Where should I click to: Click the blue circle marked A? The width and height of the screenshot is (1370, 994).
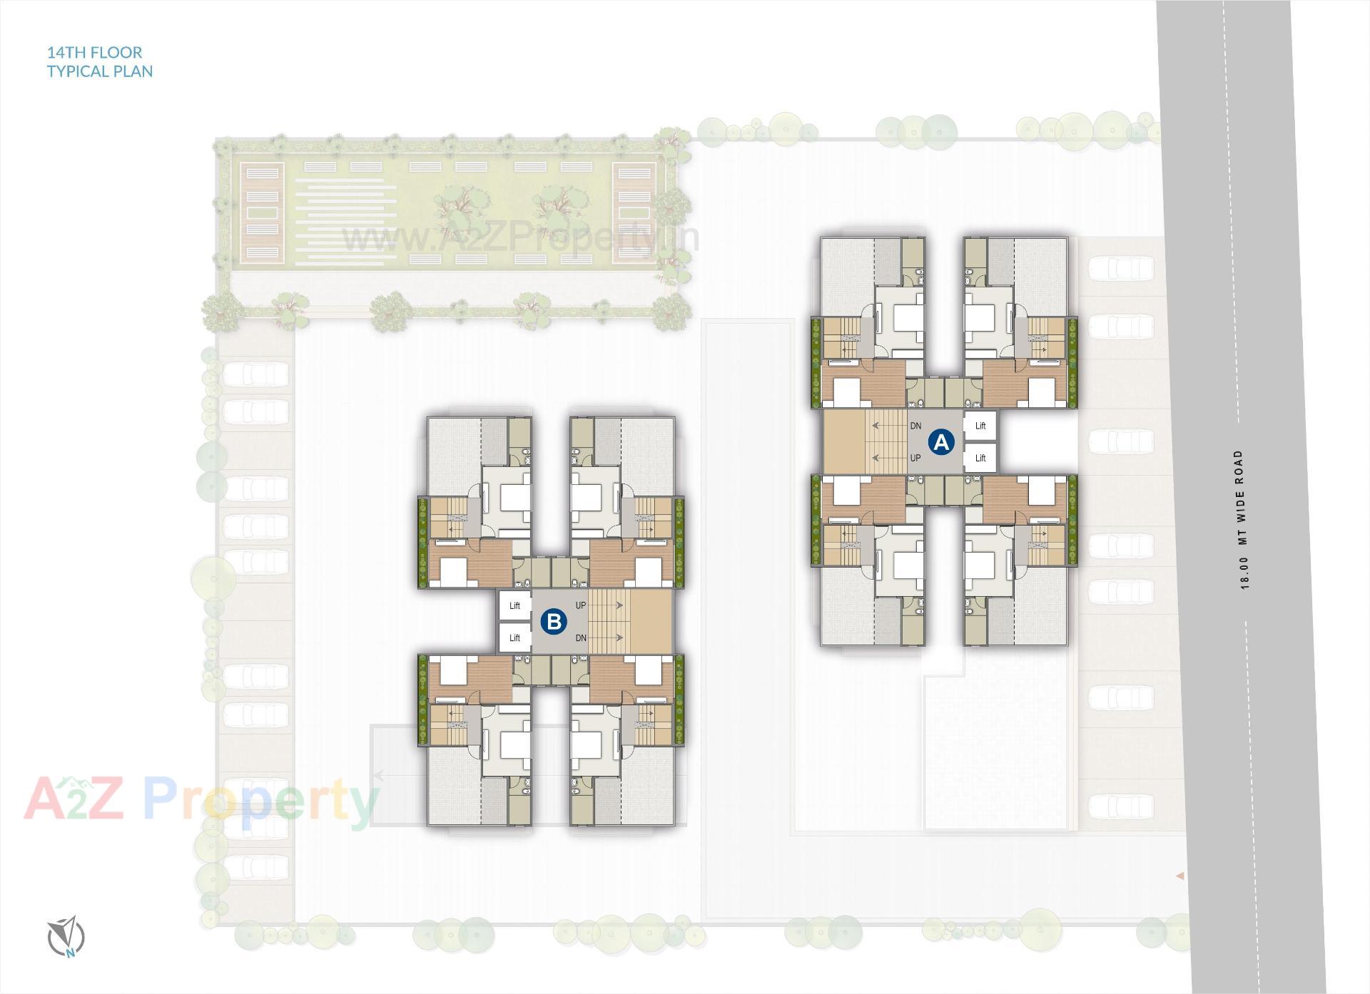click(x=941, y=442)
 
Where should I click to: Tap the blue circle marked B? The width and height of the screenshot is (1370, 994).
click(x=554, y=621)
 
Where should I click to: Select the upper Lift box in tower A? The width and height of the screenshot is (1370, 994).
click(x=980, y=426)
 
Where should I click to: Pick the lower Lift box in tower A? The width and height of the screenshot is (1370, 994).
click(x=980, y=458)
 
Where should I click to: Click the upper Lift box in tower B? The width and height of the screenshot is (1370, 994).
click(x=514, y=605)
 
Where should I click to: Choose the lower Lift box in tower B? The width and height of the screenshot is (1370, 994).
click(x=514, y=637)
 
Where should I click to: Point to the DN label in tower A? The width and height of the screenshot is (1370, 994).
click(x=915, y=426)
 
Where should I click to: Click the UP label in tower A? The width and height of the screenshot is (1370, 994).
click(x=915, y=458)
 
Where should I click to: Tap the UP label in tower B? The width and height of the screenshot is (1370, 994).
click(x=580, y=605)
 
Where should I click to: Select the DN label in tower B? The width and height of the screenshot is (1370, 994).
click(x=580, y=637)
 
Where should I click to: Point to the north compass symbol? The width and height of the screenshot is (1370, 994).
click(x=66, y=936)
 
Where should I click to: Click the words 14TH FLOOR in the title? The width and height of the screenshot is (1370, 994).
click(x=94, y=52)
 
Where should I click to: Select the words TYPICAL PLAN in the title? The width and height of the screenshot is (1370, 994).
click(x=100, y=71)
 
